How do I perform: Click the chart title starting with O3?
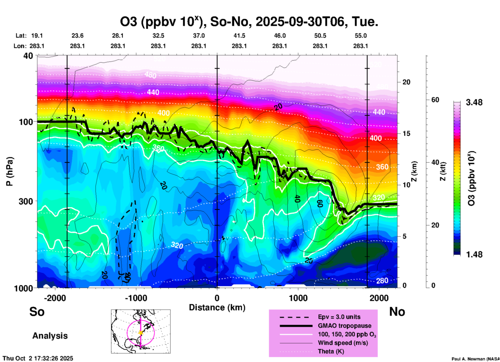(x=249, y=22)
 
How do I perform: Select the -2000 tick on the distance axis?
(x=55, y=298)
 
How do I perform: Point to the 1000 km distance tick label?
(x=298, y=298)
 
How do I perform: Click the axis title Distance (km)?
(x=217, y=307)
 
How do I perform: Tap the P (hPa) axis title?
(x=10, y=171)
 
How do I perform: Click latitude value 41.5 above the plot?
(x=239, y=36)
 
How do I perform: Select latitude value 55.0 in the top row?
(x=361, y=36)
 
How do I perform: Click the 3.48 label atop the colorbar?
(x=474, y=103)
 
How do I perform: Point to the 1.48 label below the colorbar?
(x=474, y=254)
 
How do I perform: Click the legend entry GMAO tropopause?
(x=344, y=326)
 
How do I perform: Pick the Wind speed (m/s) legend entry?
(x=343, y=343)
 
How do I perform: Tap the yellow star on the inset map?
(x=141, y=333)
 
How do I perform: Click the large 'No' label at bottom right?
(x=397, y=312)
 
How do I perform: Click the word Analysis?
(x=50, y=336)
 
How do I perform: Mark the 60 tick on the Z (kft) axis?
(x=435, y=100)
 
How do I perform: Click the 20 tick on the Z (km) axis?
(x=406, y=82)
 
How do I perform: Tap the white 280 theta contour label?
(x=382, y=280)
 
